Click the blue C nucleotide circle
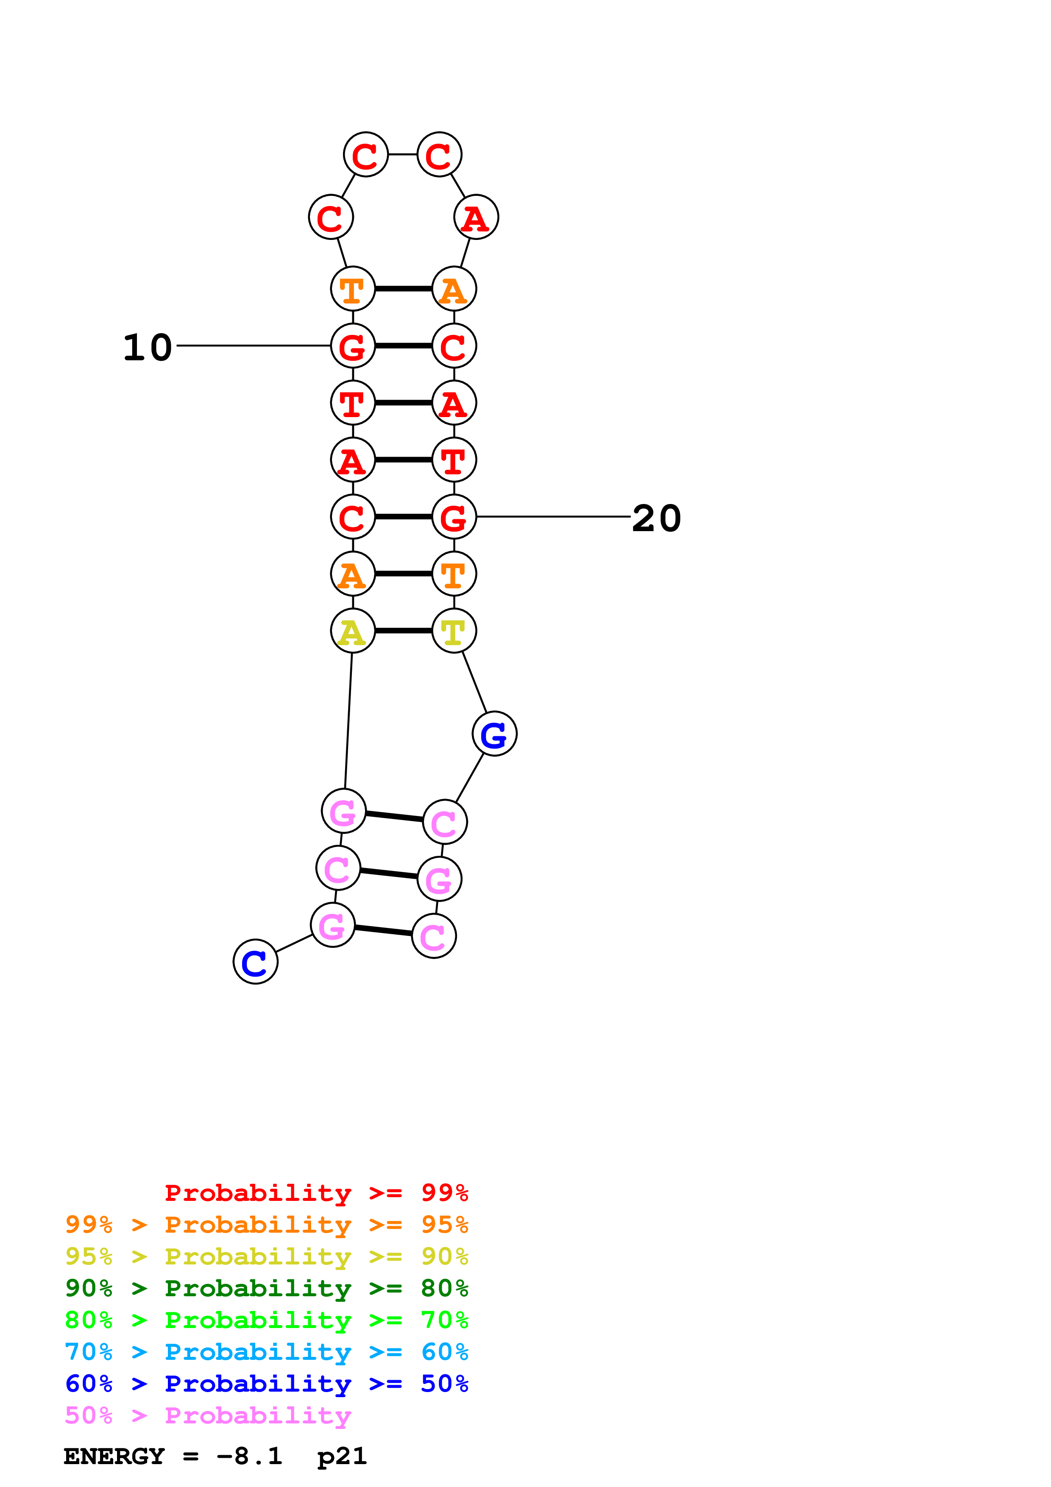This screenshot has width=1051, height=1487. [x=255, y=962]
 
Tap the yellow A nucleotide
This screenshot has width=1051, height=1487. [x=352, y=631]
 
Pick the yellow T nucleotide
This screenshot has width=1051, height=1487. [x=454, y=631]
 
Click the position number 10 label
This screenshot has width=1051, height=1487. [x=148, y=347]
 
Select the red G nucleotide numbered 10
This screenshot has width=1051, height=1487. [x=352, y=346]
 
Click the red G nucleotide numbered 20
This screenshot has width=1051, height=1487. [x=454, y=517]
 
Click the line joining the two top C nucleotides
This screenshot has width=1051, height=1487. [x=402, y=154]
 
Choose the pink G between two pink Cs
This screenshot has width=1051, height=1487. [x=439, y=880]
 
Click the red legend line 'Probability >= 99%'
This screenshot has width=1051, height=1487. [x=316, y=1193]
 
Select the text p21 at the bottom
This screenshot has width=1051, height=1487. [x=341, y=1456]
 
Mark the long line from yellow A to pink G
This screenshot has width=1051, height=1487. [x=348, y=720]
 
